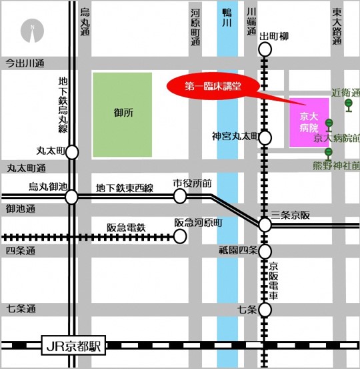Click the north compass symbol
pos(31,29)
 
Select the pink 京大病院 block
pos(309,122)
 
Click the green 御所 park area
pos(124,114)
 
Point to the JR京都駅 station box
pos(73,346)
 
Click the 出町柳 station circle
pos(265,49)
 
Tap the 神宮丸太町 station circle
pos(265,137)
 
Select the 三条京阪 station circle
pos(265,225)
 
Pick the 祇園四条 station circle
pos(265,252)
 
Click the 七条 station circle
pos(265,310)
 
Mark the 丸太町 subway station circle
pos(72,152)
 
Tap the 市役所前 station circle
pos(180,196)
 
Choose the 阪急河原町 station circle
pos(180,236)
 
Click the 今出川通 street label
pos(25,63)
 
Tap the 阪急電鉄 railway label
pos(126,228)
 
